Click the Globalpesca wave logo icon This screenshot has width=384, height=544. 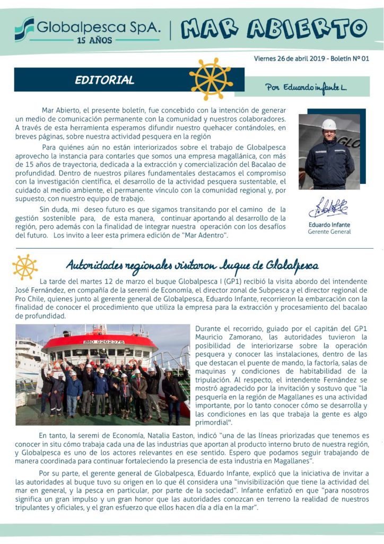coord(24,29)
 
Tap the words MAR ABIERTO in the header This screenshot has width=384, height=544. coord(274,28)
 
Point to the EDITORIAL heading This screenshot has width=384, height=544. coord(104,81)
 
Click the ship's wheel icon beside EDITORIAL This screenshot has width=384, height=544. coord(211,79)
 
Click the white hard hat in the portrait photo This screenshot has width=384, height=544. coord(329,124)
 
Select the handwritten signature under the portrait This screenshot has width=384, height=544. coord(328,208)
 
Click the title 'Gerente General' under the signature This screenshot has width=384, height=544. coord(329,232)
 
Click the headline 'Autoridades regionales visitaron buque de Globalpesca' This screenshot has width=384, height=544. coord(192,265)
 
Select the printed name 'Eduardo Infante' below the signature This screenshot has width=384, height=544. coord(329,224)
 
